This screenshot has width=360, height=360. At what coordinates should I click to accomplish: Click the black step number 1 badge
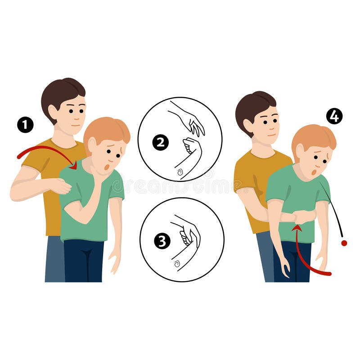tap(25, 125)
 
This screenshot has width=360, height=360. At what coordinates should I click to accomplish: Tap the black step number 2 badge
tap(160, 143)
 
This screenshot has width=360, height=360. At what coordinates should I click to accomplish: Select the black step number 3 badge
tap(162, 241)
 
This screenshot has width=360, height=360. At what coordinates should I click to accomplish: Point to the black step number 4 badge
tap(334, 116)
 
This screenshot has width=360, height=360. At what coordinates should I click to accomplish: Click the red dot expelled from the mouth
tap(344, 243)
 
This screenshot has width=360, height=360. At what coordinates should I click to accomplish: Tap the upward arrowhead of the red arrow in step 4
tap(297, 228)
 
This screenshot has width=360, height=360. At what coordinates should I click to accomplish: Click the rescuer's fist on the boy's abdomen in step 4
tap(304, 217)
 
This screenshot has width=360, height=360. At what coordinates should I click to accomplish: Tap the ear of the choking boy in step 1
tap(92, 145)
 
